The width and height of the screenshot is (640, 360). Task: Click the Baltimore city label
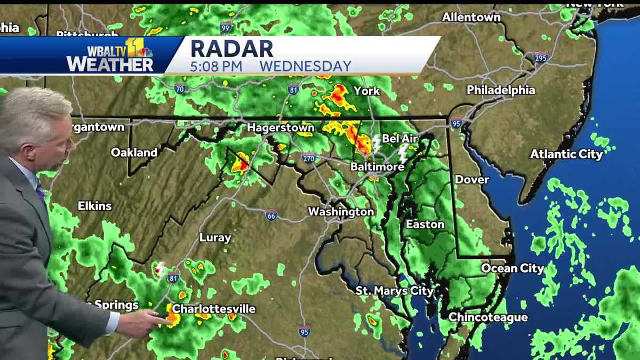pos(377,167)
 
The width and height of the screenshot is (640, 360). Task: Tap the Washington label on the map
pos(341,212)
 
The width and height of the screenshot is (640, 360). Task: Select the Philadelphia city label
pos(501,90)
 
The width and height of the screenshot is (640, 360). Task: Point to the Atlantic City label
pos(566,155)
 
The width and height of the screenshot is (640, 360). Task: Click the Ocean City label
pos(513,268)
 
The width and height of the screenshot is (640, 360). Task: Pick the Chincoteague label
pos(488,317)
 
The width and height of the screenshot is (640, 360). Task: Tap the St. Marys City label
pos(395,291)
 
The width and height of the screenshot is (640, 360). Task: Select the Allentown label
pos(471,18)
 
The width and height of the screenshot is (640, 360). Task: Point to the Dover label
pos(472,180)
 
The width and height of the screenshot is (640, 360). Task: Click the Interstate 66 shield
pos(271,215)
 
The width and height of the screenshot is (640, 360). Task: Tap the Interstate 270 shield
pos(308,157)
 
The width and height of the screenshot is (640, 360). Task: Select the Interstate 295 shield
pos(540,57)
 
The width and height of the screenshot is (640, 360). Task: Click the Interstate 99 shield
pos(226,27)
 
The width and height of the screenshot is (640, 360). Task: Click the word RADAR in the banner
pos(231,49)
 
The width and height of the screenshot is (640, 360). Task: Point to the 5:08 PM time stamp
pos(217,67)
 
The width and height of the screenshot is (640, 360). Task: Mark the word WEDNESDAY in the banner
pos(306,67)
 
